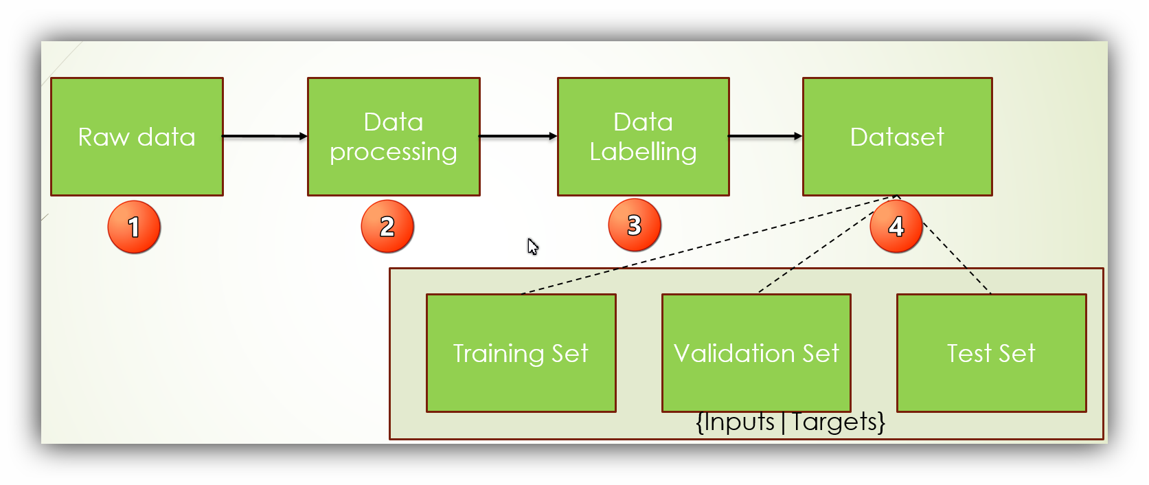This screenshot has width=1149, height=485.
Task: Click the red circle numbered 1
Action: [x=134, y=227]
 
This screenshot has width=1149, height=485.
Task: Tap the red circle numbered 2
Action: [x=387, y=226]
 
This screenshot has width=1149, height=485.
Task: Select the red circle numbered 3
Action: [x=635, y=225]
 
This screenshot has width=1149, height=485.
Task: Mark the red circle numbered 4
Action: [x=896, y=226]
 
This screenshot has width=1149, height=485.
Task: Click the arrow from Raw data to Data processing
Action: [x=265, y=136]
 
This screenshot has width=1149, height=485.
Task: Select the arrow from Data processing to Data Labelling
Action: [x=518, y=136]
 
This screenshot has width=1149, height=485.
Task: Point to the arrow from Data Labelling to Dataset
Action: [x=765, y=136]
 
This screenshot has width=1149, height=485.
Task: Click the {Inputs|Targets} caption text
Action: [x=790, y=422]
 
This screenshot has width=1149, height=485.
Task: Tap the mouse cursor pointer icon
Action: [x=532, y=246]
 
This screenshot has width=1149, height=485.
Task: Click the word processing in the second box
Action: [x=394, y=152]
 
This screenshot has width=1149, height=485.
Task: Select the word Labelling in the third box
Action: [x=643, y=152]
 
